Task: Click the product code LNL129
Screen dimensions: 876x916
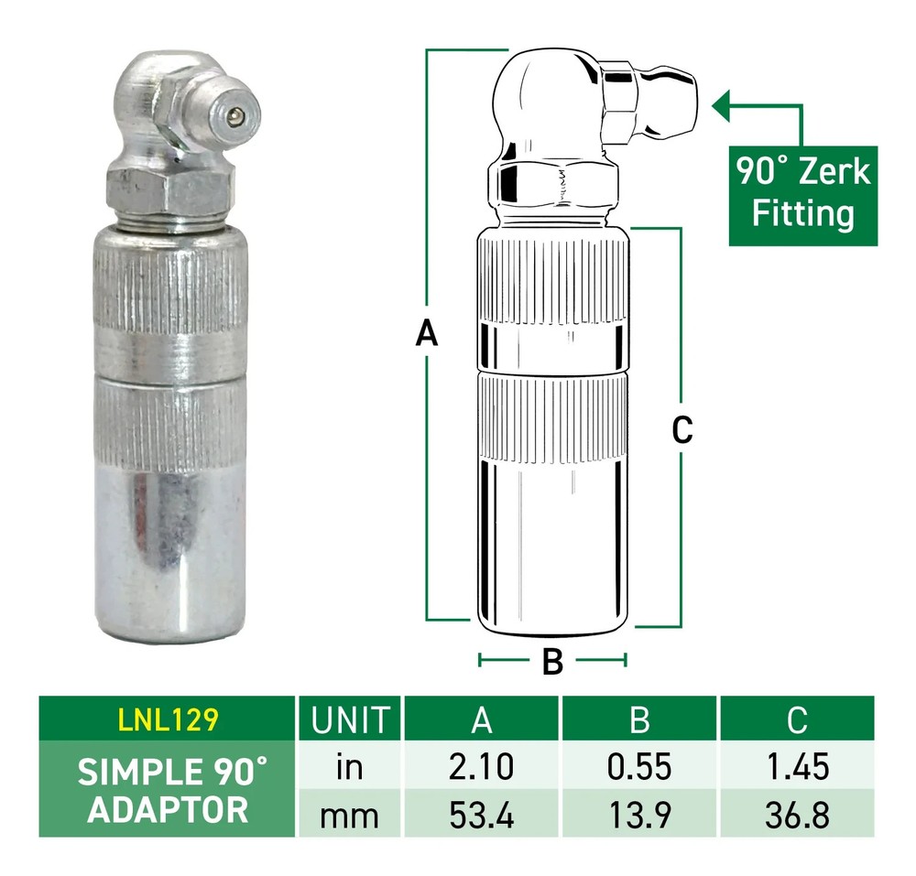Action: pyautogui.click(x=168, y=719)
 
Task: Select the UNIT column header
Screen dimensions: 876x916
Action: pyautogui.click(x=351, y=719)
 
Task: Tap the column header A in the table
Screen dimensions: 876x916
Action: pyautogui.click(x=482, y=719)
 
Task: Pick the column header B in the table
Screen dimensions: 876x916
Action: pyautogui.click(x=640, y=719)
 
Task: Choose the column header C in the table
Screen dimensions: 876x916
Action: pyautogui.click(x=797, y=719)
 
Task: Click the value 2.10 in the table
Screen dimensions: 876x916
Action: pyautogui.click(x=482, y=767)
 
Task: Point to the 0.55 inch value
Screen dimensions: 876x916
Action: pyautogui.click(x=640, y=767)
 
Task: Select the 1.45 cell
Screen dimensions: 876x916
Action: pyautogui.click(x=797, y=767)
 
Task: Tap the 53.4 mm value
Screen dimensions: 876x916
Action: pyautogui.click(x=482, y=814)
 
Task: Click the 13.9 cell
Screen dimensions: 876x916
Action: pyautogui.click(x=640, y=814)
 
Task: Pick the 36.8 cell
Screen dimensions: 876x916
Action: pyautogui.click(x=797, y=814)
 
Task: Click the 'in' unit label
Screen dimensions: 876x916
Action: pyautogui.click(x=351, y=767)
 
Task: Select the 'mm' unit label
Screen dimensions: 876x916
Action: pyautogui.click(x=351, y=814)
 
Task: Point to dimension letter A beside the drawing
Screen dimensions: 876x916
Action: pyautogui.click(x=426, y=334)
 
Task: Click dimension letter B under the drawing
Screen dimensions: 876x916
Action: pyautogui.click(x=552, y=661)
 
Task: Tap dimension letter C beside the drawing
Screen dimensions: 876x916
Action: pyautogui.click(x=682, y=428)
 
